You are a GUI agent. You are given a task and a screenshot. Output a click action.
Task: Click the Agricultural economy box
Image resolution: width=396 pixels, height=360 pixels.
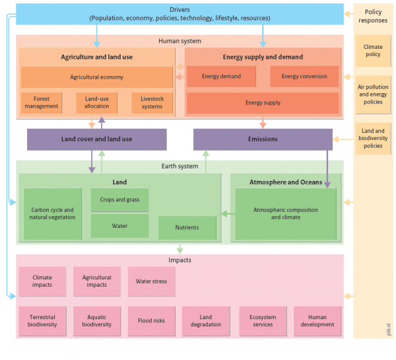[x=97, y=77]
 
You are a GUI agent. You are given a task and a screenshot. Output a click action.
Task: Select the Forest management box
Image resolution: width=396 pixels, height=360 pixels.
[x=42, y=102]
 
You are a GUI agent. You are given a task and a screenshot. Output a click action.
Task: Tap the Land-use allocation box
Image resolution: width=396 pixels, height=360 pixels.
[x=97, y=102]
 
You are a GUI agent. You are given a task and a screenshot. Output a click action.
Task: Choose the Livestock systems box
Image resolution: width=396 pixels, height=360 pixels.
[x=152, y=102]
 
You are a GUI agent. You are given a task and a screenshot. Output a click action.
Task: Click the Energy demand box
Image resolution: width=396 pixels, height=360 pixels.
[x=222, y=77]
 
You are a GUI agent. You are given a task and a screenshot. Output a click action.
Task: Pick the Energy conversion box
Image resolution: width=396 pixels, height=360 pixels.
[x=304, y=77]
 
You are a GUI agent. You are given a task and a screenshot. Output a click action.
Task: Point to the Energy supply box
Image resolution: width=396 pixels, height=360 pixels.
[x=263, y=103]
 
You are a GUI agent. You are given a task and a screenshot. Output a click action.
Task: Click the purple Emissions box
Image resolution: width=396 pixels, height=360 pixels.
[x=263, y=139]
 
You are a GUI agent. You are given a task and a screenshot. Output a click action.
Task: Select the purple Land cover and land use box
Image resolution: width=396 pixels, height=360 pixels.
[x=96, y=139]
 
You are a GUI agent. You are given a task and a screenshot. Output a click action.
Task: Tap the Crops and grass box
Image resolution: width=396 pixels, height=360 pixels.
[x=119, y=199]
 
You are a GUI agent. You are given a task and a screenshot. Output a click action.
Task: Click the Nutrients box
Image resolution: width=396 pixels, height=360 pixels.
[x=187, y=227]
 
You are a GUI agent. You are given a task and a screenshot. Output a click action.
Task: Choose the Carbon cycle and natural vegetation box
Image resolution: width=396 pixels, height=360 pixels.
[x=52, y=213]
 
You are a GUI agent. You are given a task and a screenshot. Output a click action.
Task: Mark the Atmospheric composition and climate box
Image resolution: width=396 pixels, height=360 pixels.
[x=285, y=213]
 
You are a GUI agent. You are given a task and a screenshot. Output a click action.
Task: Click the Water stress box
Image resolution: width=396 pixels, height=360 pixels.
[x=152, y=281]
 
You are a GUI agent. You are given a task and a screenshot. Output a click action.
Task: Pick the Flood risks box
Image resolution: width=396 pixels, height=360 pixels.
[x=152, y=320]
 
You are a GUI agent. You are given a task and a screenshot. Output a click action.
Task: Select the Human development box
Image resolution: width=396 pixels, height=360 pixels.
[x=318, y=320]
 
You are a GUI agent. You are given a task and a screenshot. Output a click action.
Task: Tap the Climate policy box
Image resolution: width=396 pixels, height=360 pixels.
[x=373, y=50]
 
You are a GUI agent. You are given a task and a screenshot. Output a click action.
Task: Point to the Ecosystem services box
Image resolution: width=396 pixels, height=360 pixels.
[x=263, y=320]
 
